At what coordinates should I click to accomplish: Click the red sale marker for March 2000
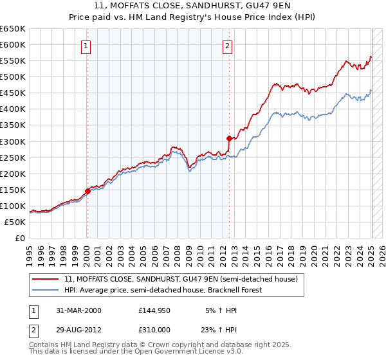[87, 191]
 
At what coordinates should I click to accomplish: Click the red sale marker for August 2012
[229, 138]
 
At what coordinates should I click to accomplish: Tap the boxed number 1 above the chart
[86, 46]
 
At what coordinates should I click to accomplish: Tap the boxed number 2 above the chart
[228, 46]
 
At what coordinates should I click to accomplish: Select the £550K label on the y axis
[14, 61]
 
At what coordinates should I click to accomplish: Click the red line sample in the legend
[45, 280]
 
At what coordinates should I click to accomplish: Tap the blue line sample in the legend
[45, 291]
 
